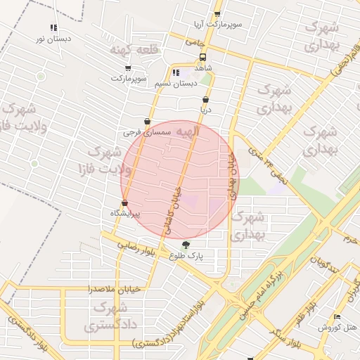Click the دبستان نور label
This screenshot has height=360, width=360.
53,38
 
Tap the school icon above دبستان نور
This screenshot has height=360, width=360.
53,27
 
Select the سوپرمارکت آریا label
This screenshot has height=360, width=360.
219,24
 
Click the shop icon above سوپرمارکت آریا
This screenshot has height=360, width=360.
217,14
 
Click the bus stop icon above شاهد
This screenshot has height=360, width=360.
203,57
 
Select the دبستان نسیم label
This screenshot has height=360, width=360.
175,83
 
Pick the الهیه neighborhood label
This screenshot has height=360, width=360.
187,131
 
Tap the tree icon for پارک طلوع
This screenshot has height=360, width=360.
186,245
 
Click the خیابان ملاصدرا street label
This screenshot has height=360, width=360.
114,289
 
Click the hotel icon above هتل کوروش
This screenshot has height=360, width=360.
337,317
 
